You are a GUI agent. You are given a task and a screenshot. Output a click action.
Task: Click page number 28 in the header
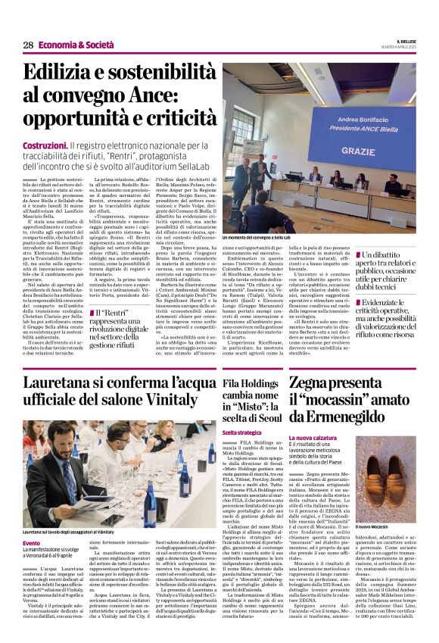tap(27, 45)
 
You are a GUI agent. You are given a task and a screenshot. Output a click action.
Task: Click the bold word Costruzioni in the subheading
tap(45, 144)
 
